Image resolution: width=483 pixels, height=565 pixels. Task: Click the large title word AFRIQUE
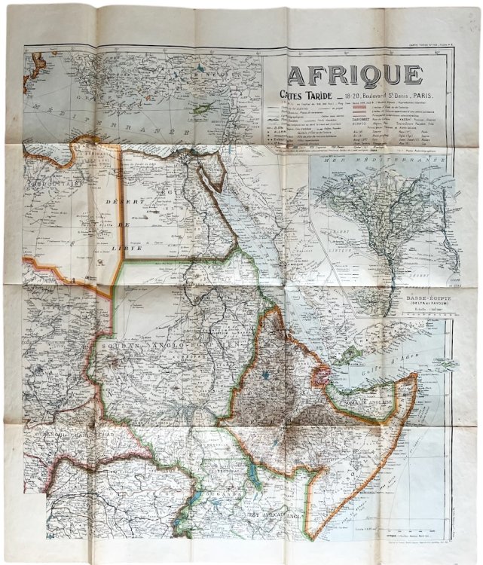(x=354, y=74)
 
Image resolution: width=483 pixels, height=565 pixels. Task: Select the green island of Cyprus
(x=201, y=109)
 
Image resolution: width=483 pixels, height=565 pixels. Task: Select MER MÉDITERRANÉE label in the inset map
(x=381, y=160)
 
